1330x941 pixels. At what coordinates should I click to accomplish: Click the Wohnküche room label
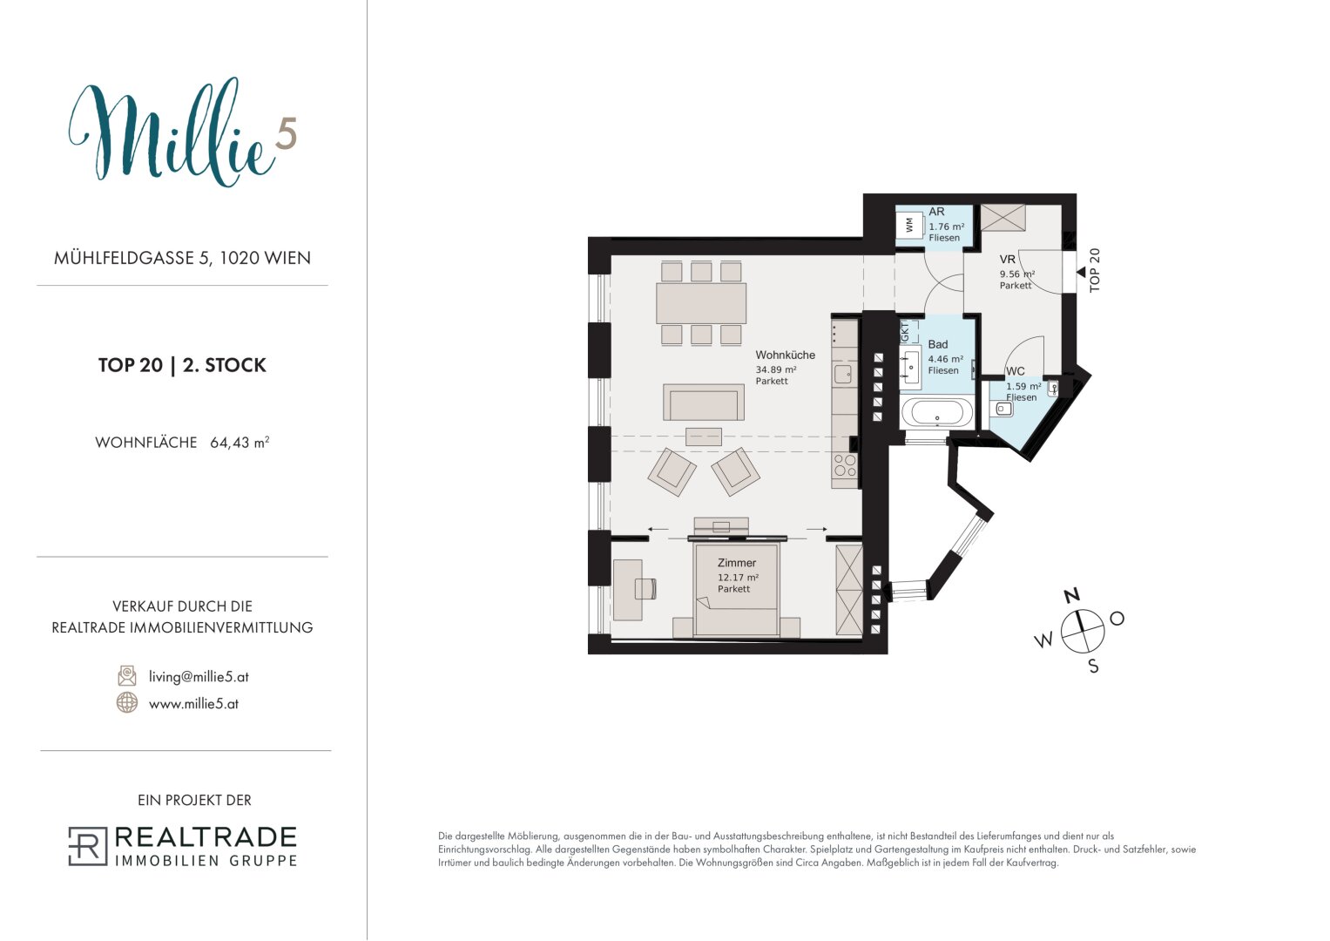(x=785, y=355)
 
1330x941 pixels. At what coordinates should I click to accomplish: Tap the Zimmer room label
(x=737, y=563)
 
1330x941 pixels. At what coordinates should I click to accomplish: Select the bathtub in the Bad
(x=937, y=411)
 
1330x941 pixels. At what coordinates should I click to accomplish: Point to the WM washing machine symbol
(x=910, y=225)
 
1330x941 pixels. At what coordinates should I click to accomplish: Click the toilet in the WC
(x=1003, y=408)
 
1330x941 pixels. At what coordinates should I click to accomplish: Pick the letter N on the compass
(x=1071, y=595)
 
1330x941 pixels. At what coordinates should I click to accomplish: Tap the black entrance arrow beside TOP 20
(x=1081, y=272)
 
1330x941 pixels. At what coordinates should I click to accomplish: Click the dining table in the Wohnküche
(x=700, y=303)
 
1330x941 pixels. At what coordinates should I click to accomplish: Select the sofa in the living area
(x=704, y=403)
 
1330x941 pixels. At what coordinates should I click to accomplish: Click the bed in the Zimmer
(x=736, y=588)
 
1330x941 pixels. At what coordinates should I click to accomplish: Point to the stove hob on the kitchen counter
(x=845, y=465)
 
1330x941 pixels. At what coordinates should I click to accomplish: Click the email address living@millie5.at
(x=199, y=677)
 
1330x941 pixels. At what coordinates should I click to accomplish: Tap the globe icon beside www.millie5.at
(x=127, y=702)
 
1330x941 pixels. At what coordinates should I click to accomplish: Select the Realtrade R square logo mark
(x=88, y=846)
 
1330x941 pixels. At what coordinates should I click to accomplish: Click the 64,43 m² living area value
(x=240, y=443)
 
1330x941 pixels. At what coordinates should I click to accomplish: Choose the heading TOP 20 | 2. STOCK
(x=182, y=365)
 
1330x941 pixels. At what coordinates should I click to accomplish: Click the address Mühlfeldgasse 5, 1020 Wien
(x=182, y=258)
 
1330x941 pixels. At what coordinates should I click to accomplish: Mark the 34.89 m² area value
(x=776, y=369)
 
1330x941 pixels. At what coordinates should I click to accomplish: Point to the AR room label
(x=936, y=212)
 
